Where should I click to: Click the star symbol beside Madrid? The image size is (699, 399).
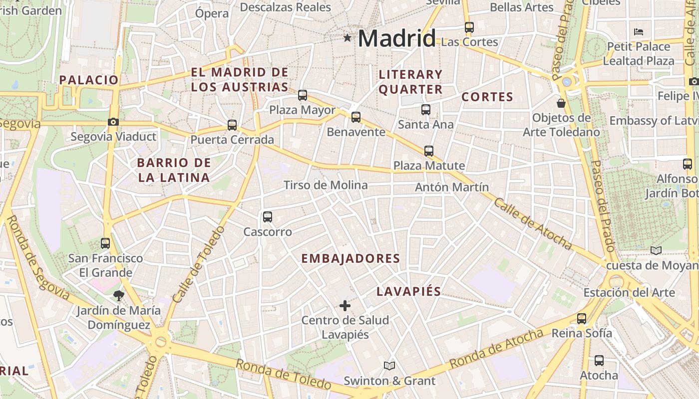348,37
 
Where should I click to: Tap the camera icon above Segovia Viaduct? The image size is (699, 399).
113,122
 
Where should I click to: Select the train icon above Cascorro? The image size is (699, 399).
268,217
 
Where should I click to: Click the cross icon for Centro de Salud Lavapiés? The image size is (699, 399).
345,305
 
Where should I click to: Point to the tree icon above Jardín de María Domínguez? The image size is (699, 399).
119,296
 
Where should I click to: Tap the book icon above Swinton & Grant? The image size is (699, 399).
389,366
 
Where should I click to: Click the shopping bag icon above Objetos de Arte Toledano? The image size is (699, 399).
561,103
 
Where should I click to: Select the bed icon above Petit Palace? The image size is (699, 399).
638,32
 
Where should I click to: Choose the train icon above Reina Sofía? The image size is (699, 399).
582,318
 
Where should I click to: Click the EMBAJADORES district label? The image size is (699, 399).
351,258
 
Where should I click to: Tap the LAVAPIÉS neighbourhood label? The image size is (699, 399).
409,291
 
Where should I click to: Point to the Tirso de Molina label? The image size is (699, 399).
326,185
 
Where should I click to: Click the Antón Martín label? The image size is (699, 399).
452,187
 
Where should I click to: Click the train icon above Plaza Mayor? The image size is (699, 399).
303,95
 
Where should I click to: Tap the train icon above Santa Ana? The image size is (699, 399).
426,110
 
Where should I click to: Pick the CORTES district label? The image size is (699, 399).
487,97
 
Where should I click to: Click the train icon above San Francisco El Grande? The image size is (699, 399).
105,243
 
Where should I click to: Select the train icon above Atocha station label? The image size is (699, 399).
599,360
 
